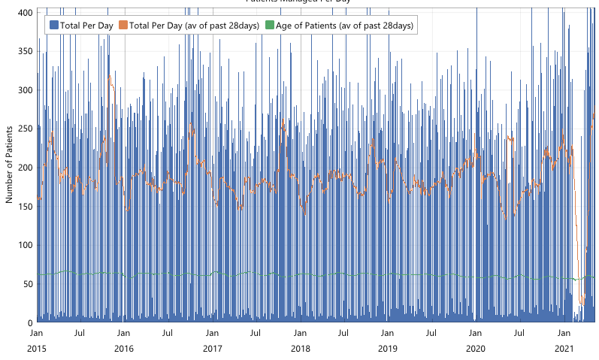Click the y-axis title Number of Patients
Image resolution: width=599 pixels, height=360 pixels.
[9, 167]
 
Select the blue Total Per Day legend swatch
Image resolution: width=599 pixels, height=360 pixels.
[53, 26]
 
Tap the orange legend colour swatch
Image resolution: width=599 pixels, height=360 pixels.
[123, 26]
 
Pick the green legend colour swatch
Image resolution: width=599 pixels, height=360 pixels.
[269, 26]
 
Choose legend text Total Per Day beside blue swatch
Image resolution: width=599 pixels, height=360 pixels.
[86, 26]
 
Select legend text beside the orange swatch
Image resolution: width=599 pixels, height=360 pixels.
[195, 26]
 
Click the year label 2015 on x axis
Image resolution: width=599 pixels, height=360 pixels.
[36, 349]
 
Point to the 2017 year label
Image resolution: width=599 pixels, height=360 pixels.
[213, 349]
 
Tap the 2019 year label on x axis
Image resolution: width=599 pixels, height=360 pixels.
[387, 349]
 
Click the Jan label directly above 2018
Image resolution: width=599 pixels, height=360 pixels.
[300, 332]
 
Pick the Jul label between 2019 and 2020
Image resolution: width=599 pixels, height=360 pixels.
[431, 332]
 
